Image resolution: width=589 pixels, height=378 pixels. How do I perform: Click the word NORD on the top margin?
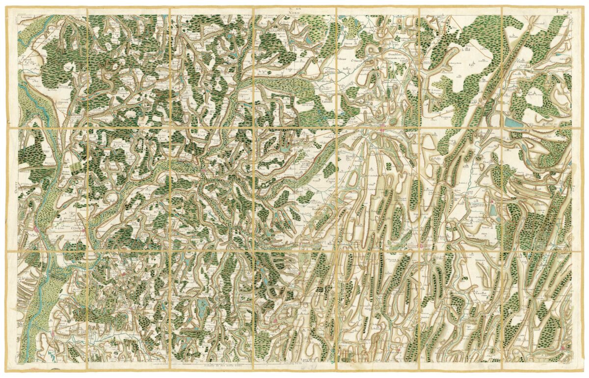point(294,13)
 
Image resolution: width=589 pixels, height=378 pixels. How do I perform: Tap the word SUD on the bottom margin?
point(296,365)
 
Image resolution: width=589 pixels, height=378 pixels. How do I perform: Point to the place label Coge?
point(289,70)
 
